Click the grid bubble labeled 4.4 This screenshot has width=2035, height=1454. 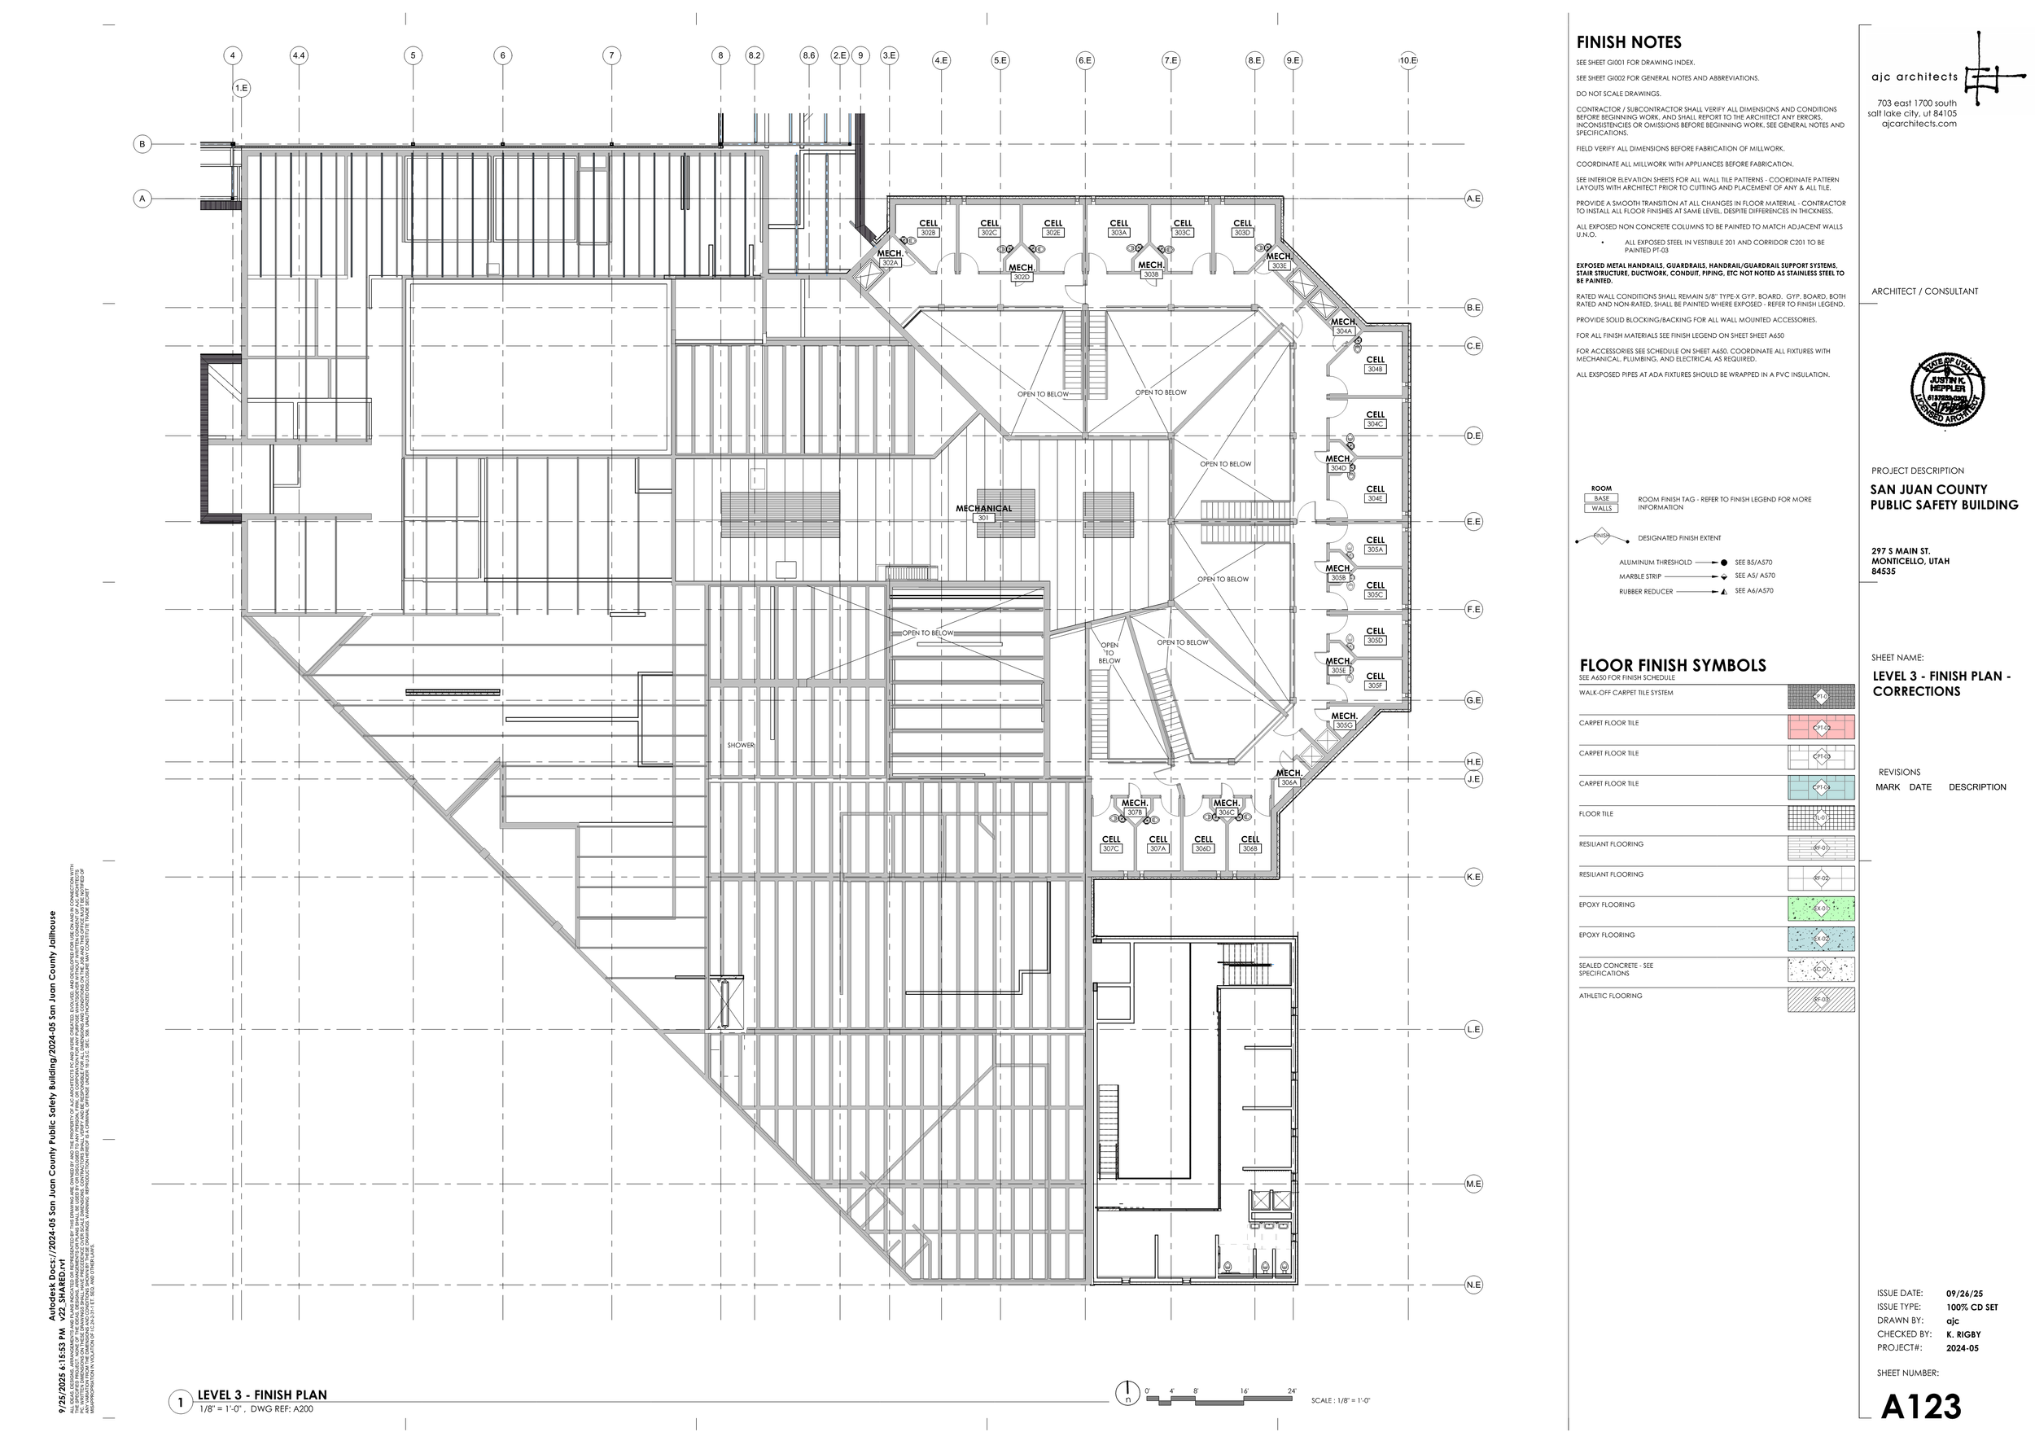pyautogui.click(x=298, y=55)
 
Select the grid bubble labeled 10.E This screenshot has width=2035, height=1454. pyautogui.click(x=1407, y=61)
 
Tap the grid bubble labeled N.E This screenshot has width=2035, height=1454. pyautogui.click(x=1473, y=1285)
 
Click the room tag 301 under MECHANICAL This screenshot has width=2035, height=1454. pyautogui.click(x=983, y=518)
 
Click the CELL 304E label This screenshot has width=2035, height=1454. pyautogui.click(x=1375, y=493)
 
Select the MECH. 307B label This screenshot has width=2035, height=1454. pyautogui.click(x=1135, y=808)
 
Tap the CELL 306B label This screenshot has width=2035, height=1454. pyautogui.click(x=1249, y=844)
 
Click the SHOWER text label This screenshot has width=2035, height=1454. pyautogui.click(x=741, y=745)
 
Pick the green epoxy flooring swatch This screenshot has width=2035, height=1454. pyautogui.click(x=1820, y=909)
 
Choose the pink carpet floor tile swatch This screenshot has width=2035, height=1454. pyautogui.click(x=1820, y=727)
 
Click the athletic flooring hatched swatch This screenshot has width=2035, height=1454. pyautogui.click(x=1820, y=1000)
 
